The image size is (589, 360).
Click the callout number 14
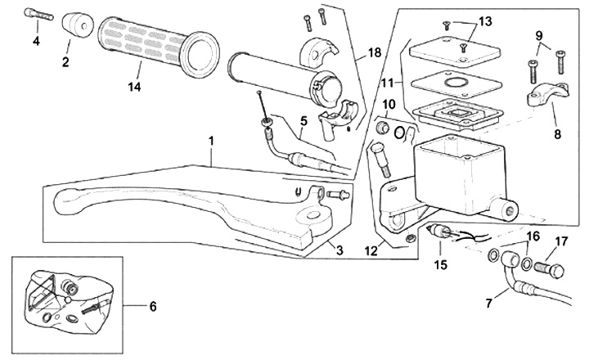[134, 87]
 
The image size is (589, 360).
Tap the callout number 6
[152, 307]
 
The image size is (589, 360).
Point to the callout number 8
[557, 133]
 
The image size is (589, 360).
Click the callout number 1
[211, 142]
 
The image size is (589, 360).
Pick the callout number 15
[441, 264]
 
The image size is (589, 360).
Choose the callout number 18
[374, 52]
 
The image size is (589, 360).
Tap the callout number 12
[371, 250]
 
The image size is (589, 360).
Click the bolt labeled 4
[39, 15]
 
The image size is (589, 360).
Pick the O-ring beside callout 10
[399, 133]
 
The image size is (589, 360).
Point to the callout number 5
[303, 121]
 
